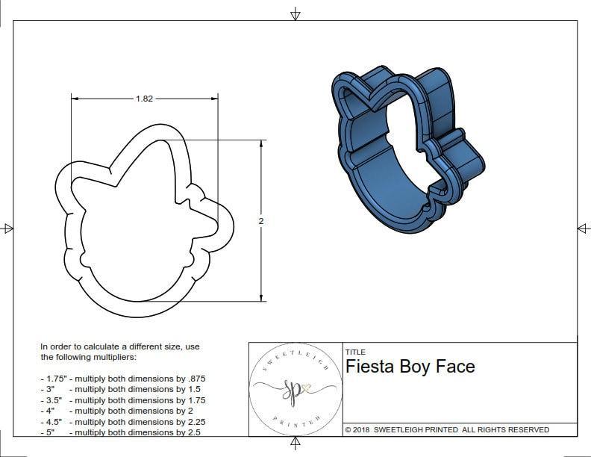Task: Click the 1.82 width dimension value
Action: [145, 99]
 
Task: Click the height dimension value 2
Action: [261, 221]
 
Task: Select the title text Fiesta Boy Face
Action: [410, 367]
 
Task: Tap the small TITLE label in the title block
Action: [355, 352]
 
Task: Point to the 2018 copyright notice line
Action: [447, 429]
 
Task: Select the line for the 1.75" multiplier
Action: [122, 379]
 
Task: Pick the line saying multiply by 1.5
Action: [122, 389]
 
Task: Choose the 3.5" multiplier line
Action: [122, 400]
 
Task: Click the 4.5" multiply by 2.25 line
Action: [122, 421]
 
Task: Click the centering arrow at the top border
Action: [295, 14]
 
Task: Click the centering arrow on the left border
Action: [8, 228]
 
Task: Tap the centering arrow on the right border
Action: [583, 228]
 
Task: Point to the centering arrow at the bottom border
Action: [295, 444]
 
